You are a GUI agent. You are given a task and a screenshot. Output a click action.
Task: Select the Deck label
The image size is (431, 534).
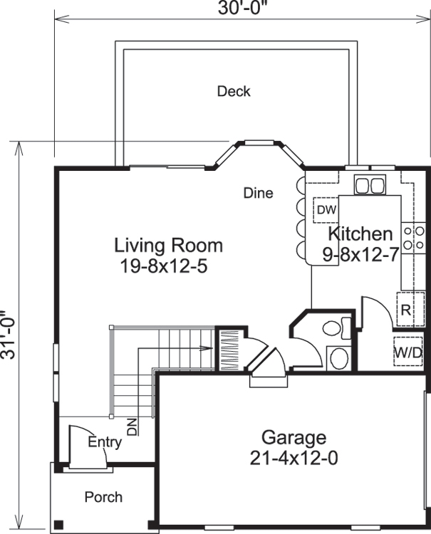tap(234, 91)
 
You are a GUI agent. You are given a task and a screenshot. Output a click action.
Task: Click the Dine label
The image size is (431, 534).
tap(258, 193)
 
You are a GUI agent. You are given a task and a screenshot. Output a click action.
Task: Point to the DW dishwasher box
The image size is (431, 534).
tap(326, 209)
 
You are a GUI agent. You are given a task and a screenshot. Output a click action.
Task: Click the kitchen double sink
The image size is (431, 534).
tap(369, 185)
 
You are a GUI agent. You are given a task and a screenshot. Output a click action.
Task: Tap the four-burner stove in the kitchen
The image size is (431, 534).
tap(414, 238)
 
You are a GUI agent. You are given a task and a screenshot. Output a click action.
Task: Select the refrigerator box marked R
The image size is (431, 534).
tap(405, 310)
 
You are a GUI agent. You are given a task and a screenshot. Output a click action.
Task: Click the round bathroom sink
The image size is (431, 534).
tap(338, 357)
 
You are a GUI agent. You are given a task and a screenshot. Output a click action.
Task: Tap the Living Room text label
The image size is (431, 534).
tap(169, 246)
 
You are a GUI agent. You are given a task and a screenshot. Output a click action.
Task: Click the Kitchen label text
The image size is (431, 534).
tap(360, 234)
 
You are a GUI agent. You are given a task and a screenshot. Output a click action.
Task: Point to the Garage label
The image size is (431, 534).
tap(294, 437)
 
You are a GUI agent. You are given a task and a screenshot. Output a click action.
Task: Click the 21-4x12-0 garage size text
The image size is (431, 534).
tap(294, 458)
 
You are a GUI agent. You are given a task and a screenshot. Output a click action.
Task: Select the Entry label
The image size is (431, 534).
tap(105, 442)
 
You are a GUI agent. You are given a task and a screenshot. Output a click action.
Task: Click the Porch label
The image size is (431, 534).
tap(103, 497)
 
